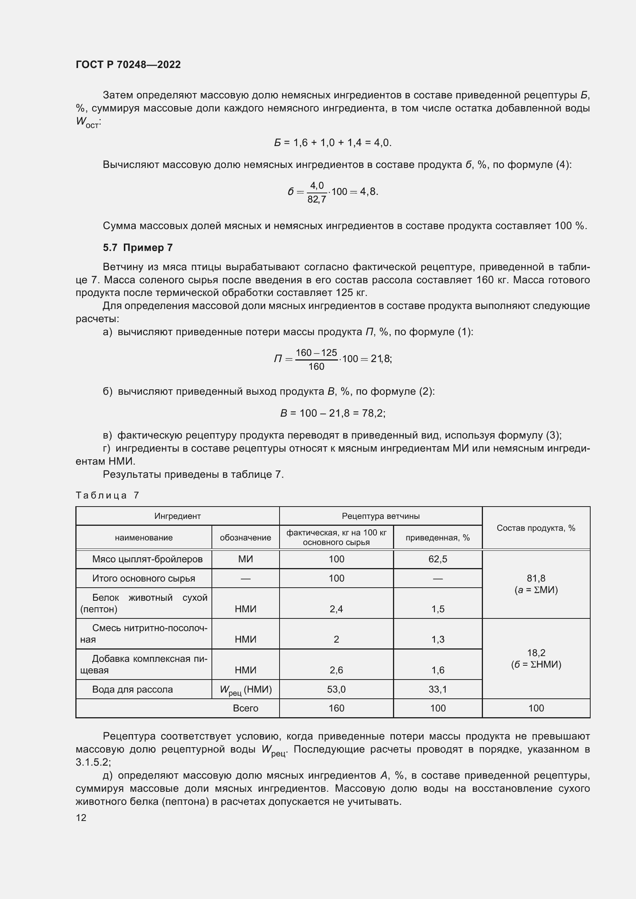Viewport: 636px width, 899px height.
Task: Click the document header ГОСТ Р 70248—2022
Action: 128,65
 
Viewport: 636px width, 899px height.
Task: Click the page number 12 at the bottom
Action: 81,817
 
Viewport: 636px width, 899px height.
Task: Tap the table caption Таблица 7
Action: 107,495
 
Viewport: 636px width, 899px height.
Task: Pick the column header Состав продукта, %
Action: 536,528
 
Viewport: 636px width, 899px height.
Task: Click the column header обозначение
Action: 245,538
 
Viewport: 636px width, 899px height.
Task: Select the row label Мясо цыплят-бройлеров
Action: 147,559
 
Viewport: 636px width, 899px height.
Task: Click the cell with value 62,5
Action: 438,559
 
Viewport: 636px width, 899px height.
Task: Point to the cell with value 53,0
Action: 336,689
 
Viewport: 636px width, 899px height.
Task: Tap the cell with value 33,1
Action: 438,689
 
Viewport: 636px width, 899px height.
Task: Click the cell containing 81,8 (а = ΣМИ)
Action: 536,584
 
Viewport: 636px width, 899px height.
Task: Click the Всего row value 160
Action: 336,708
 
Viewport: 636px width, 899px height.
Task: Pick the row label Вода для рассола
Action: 132,689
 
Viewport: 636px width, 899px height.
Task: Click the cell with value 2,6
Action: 336,670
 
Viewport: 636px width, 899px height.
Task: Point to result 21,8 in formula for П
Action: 380,359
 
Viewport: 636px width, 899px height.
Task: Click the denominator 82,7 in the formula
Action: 316,200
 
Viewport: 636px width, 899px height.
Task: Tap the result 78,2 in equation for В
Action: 373,413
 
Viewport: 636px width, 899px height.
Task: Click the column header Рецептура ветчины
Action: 380,516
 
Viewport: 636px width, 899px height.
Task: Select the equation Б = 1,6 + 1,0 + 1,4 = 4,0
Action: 333,143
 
